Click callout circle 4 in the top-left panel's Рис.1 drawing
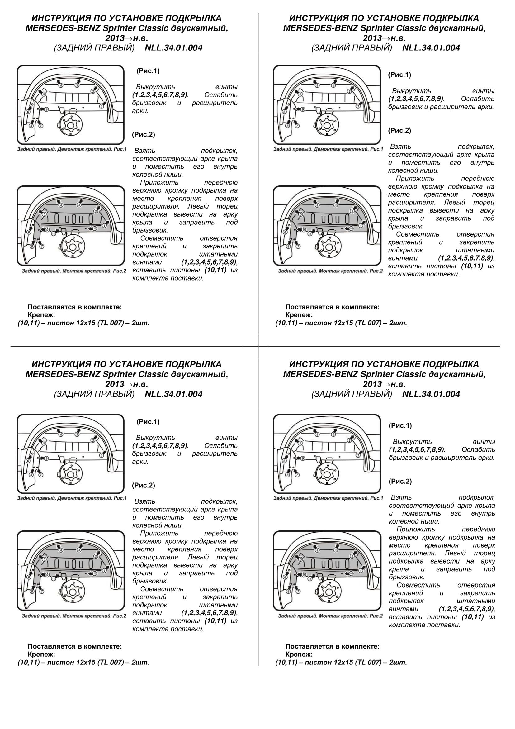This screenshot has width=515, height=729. [61, 85]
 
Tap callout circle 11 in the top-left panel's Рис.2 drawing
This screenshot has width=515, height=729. [53, 233]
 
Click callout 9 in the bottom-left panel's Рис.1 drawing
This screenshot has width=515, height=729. [46, 458]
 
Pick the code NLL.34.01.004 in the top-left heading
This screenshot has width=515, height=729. [173, 48]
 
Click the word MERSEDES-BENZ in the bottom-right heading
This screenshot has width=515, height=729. [320, 374]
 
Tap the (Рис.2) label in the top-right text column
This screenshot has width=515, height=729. [399, 131]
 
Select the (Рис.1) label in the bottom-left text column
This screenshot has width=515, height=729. [148, 422]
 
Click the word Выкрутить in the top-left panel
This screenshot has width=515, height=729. [155, 87]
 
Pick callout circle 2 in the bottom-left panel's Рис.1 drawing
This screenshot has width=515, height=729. [93, 440]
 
